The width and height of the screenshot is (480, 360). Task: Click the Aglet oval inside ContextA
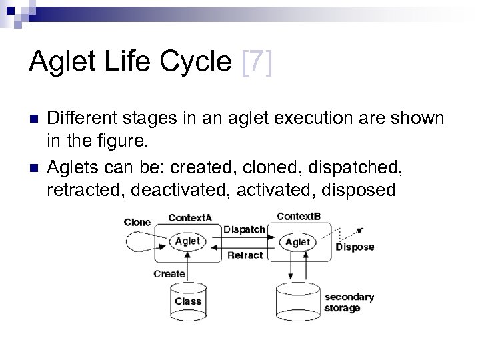[x=187, y=241]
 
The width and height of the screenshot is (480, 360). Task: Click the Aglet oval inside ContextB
[x=298, y=242]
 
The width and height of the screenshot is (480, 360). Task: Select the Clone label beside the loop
[x=137, y=222]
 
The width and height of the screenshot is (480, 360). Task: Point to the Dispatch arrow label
[x=244, y=229]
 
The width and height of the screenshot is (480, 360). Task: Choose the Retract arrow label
[x=245, y=255]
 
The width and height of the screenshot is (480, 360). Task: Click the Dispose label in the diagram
[x=355, y=247]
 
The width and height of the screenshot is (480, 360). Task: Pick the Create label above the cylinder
[x=169, y=274]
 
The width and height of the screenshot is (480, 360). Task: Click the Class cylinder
[x=188, y=301]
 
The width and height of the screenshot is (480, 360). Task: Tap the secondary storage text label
[x=349, y=302]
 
